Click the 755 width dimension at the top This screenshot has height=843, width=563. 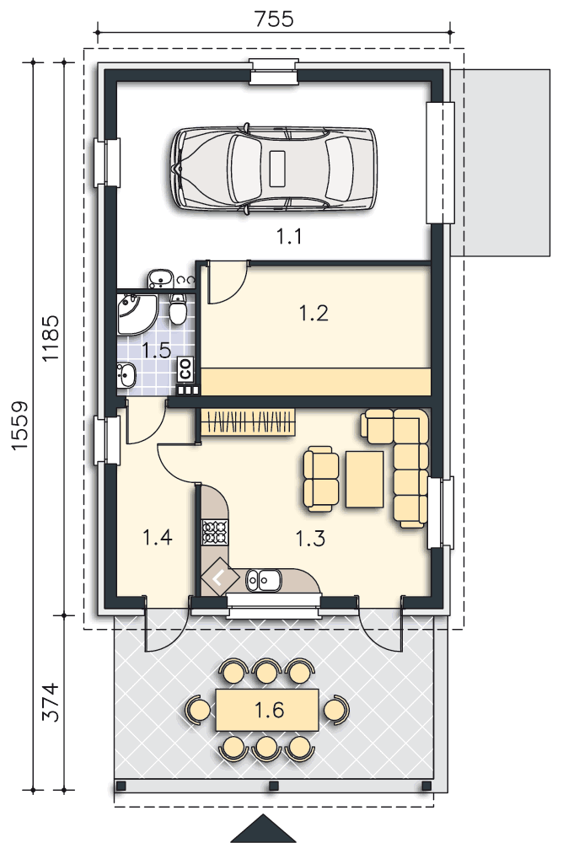pyautogui.click(x=274, y=19)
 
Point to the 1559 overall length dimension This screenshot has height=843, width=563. pyautogui.click(x=19, y=425)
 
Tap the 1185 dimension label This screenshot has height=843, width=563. pyautogui.click(x=51, y=338)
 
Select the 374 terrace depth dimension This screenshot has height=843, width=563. pyautogui.click(x=51, y=701)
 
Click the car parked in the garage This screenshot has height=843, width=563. pyautogui.click(x=274, y=169)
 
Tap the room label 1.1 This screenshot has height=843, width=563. pyautogui.click(x=289, y=236)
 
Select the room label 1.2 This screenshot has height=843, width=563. pyautogui.click(x=314, y=313)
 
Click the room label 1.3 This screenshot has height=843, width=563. pyautogui.click(x=310, y=538)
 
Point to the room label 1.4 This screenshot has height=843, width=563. pyautogui.click(x=157, y=536)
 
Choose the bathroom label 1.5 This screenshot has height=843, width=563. pyautogui.click(x=156, y=351)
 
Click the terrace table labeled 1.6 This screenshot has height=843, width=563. pyautogui.click(x=267, y=710)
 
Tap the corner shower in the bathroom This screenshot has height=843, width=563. pyautogui.click(x=137, y=315)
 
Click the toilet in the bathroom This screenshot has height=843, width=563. pyautogui.click(x=178, y=309)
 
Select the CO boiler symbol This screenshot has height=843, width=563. pyautogui.click(x=185, y=369)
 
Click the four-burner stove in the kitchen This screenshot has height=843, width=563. pyautogui.click(x=215, y=532)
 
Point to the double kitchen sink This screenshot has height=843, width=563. pyautogui.click(x=264, y=580)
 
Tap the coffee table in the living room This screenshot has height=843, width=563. pyautogui.click(x=365, y=479)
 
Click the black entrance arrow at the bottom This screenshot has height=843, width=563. pyautogui.click(x=264, y=829)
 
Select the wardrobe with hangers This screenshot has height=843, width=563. pyautogui.click(x=248, y=421)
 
